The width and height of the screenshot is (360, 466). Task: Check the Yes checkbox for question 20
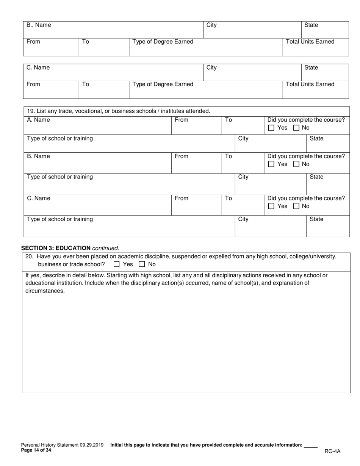click(117, 264)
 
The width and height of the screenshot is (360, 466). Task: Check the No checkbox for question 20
click(142, 264)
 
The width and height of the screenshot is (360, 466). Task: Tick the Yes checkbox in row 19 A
click(271, 128)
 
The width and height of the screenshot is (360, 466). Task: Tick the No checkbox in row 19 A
click(297, 128)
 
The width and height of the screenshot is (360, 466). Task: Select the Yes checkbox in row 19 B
click(271, 164)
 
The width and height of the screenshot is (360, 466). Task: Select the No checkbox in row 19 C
click(297, 206)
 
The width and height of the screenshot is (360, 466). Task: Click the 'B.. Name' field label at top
click(39, 25)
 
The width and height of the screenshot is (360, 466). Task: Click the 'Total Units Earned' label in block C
click(310, 84)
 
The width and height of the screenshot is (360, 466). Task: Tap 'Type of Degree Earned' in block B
click(163, 42)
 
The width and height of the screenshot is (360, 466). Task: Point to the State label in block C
click(311, 68)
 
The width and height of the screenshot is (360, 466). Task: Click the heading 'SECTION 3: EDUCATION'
click(56, 248)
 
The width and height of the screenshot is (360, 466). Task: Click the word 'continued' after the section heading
click(105, 248)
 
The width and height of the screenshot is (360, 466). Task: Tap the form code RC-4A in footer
click(332, 451)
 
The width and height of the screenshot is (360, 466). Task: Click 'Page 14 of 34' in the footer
click(36, 450)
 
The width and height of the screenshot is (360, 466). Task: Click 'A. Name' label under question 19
click(38, 120)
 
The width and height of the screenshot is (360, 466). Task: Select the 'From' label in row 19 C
click(182, 199)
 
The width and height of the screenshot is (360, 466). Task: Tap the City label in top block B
click(211, 25)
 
